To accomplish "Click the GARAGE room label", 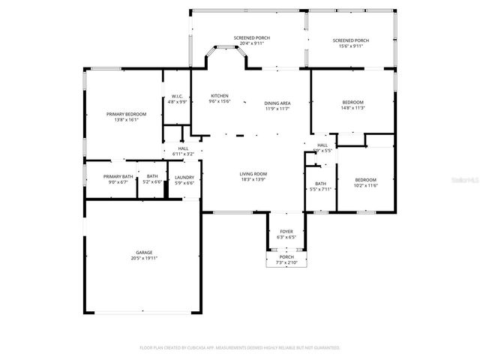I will (144, 253).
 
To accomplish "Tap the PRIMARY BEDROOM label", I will (126, 114).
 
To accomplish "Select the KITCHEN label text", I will (219, 96).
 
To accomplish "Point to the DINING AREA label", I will (277, 103).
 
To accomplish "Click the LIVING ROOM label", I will (253, 174).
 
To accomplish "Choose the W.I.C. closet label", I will (177, 96).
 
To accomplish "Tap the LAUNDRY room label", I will (184, 177).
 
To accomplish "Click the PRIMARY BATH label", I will (118, 176).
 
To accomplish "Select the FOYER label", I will (286, 232).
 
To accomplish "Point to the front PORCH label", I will (286, 257).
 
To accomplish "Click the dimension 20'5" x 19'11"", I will (144, 258).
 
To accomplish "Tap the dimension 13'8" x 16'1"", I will (126, 119).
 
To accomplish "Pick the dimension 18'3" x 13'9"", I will (253, 179).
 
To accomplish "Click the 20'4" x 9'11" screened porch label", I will (251, 43).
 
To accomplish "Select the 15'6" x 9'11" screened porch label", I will (351, 46).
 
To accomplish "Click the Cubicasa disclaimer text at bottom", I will (240, 348).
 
